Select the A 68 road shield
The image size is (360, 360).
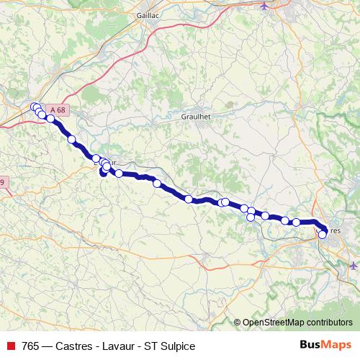(x=59, y=109)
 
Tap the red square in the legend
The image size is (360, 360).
(x=11, y=346)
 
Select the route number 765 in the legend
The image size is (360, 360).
(x=31, y=346)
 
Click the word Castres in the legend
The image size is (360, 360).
(x=78, y=346)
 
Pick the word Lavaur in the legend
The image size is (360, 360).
(x=122, y=346)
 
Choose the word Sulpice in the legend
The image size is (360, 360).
(x=177, y=346)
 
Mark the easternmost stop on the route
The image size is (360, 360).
(x=323, y=233)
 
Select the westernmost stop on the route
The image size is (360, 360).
(x=33, y=107)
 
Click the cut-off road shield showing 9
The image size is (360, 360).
(x=2, y=182)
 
